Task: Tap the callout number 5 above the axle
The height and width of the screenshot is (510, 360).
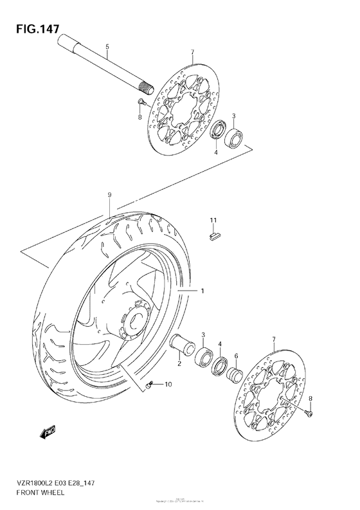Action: (x=107, y=46)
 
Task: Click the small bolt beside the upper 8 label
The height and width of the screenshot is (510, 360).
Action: (x=141, y=102)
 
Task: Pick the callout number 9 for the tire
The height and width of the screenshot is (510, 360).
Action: (x=110, y=194)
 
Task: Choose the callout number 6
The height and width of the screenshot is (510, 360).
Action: (x=236, y=356)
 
